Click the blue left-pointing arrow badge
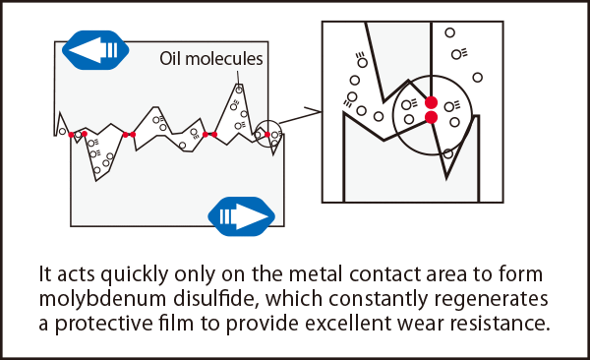click(x=95, y=50)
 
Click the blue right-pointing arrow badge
click(x=242, y=216)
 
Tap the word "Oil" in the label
click(x=170, y=59)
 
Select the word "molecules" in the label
click(x=224, y=59)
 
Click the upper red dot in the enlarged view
click(x=432, y=102)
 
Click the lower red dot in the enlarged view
click(x=432, y=117)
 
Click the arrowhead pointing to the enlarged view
click(x=316, y=111)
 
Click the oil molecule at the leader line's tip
click(x=239, y=90)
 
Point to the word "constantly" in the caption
click(x=379, y=300)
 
